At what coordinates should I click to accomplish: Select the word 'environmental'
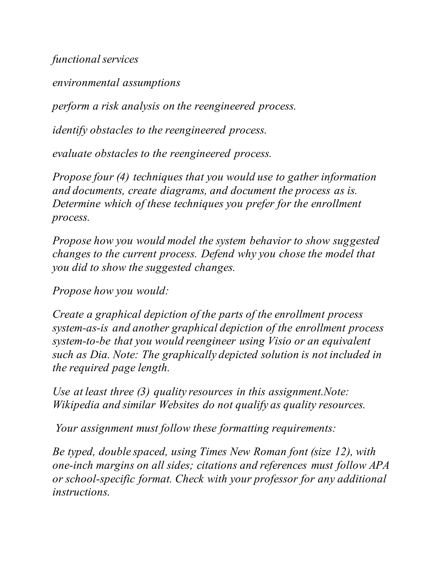tap(86, 83)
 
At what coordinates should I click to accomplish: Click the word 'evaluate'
tap(72, 153)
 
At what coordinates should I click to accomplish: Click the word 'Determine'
tap(76, 204)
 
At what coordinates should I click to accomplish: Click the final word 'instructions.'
tap(81, 492)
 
